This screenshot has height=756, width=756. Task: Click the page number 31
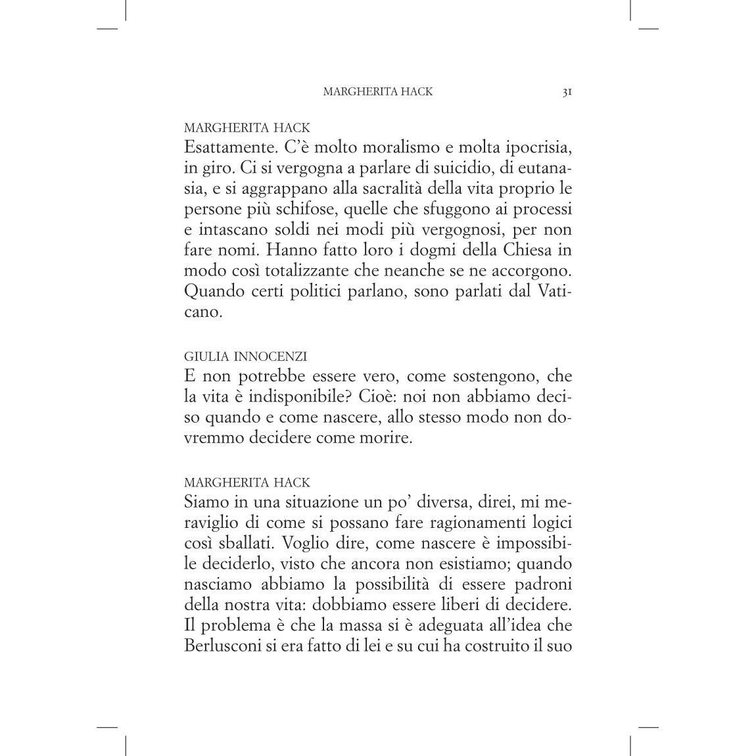pos(567,92)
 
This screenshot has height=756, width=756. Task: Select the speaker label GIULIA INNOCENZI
pos(245,357)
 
